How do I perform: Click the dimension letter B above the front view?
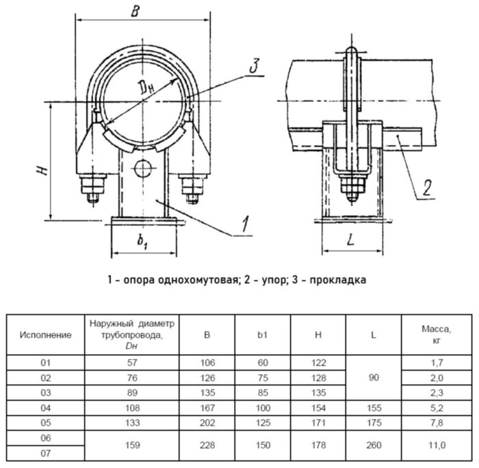pos(135,12)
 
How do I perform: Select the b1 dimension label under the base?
pos(142,241)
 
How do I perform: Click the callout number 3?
pos(255,66)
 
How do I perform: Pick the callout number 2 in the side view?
pos(427,188)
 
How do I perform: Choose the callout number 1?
pos(245,224)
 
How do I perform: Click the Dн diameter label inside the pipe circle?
pos(145,86)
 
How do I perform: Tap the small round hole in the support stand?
pos(142,168)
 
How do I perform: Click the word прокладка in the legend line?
pos(337,280)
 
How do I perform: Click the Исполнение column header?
pos(46,335)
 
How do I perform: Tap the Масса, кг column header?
pos(437,335)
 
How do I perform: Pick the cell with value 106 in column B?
pos(207,363)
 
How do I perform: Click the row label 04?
pos(46,408)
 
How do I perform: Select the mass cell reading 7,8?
pos(437,423)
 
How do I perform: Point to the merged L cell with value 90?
pos(374,378)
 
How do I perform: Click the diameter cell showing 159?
pos(132,445)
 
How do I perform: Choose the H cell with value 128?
pos(318,378)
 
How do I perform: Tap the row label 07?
pos(46,453)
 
